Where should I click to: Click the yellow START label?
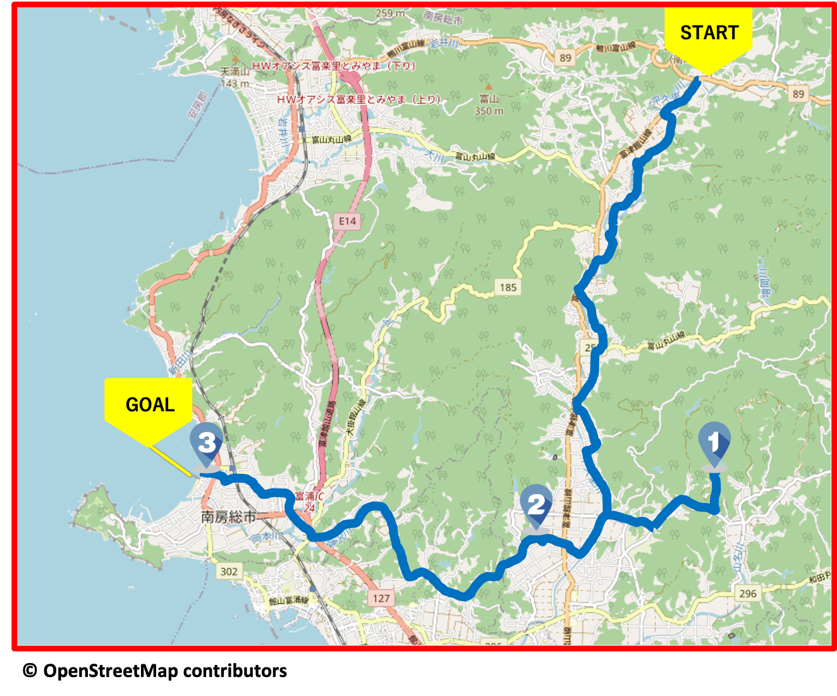click(x=709, y=33)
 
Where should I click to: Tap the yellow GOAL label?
click(x=149, y=404)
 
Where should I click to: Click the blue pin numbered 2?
click(x=536, y=505)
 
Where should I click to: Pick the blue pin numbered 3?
click(x=206, y=443)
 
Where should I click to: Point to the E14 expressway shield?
click(x=347, y=221)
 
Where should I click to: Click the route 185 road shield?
click(x=508, y=287)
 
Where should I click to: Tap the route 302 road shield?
click(x=228, y=571)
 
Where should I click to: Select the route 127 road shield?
click(x=381, y=598)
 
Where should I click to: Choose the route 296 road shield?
click(x=747, y=593)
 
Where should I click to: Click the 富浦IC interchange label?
click(x=309, y=496)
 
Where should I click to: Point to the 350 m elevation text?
click(x=489, y=111)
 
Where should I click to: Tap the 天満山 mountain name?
click(x=235, y=71)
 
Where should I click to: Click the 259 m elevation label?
click(x=390, y=13)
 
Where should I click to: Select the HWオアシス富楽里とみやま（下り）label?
click(x=334, y=66)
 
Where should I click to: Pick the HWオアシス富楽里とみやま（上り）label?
click(x=358, y=99)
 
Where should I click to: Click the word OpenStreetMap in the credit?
click(x=111, y=671)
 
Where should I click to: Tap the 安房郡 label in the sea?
click(x=197, y=106)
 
